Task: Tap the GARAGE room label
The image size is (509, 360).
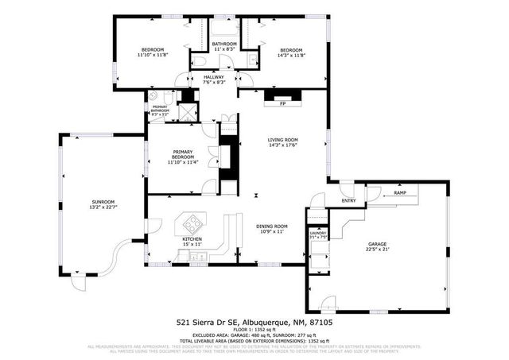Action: pos(376,244)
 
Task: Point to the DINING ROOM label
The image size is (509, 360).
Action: pos(271,226)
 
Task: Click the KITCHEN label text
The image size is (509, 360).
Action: pos(192,238)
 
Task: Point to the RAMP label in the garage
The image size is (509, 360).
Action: pos(399,192)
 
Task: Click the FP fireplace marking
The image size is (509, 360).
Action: pos(282,103)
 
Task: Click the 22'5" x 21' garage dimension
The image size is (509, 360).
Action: pos(376,250)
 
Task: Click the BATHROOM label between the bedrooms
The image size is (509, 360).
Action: pos(224,44)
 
